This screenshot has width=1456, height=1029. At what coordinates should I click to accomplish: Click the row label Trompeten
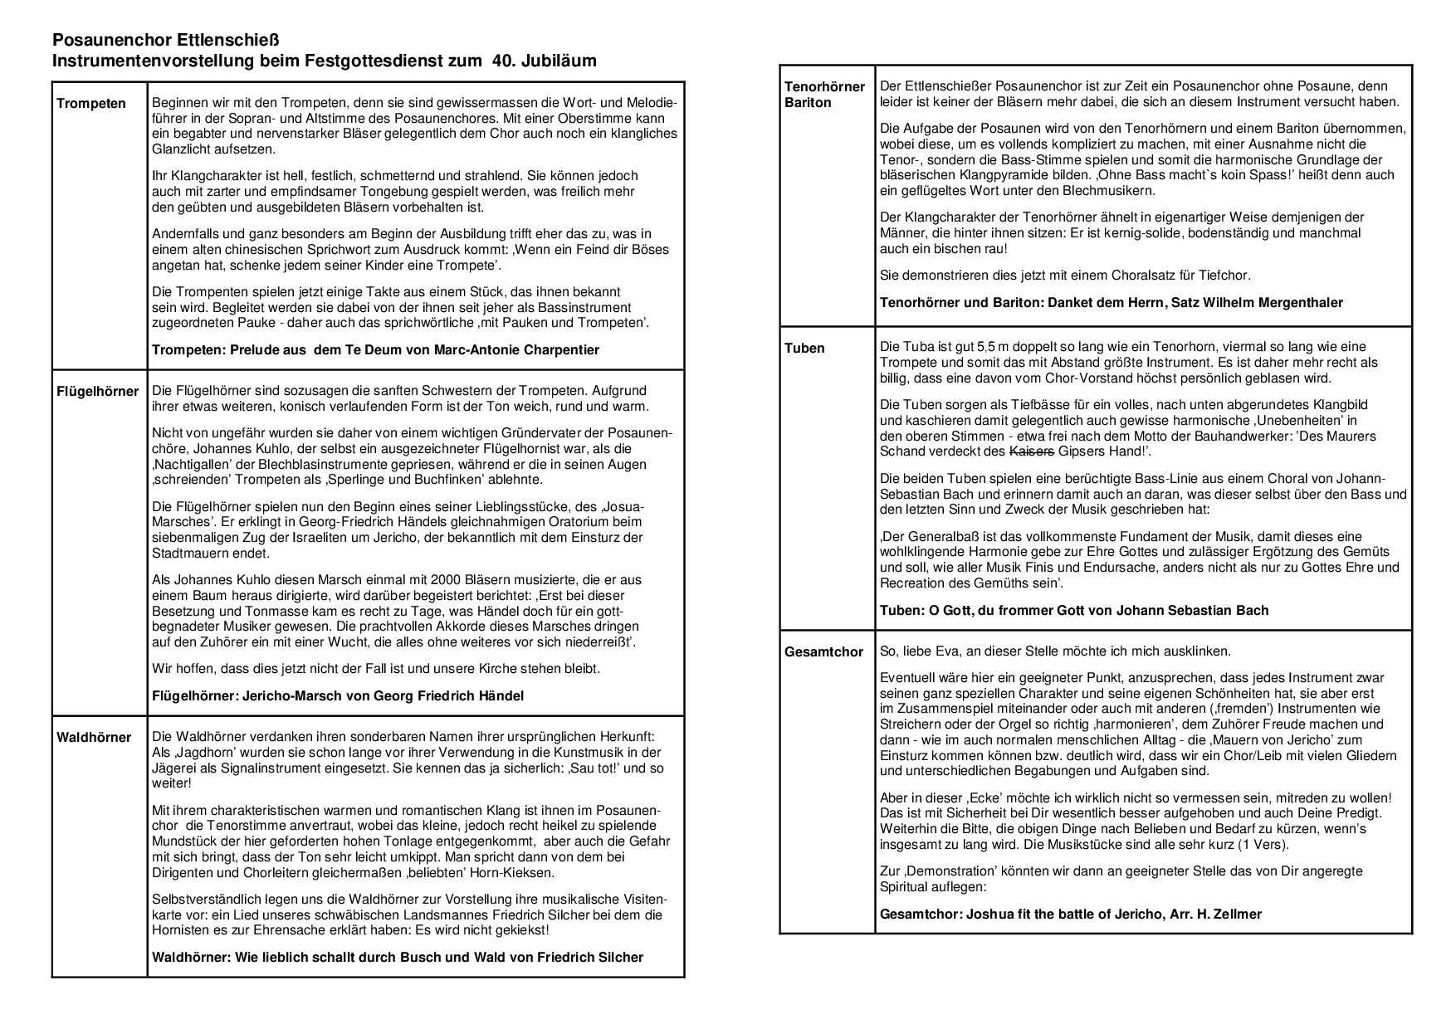pos(91,104)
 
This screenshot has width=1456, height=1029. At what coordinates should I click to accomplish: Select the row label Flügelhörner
pos(98,392)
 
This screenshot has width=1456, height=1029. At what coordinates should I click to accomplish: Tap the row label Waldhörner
pos(94,738)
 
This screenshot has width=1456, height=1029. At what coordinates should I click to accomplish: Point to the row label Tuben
pos(804,349)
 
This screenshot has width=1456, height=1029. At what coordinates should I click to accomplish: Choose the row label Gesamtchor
pos(823,652)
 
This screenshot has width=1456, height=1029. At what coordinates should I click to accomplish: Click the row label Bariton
pos(808,103)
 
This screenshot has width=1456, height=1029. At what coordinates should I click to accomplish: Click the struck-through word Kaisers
pos(1031,452)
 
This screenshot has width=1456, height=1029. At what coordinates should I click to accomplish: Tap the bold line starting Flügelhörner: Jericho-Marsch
pos(338,696)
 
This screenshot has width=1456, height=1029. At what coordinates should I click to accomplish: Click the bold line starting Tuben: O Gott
pos(1074,611)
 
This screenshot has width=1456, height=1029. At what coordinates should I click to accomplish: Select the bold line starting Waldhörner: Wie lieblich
pos(398,958)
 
